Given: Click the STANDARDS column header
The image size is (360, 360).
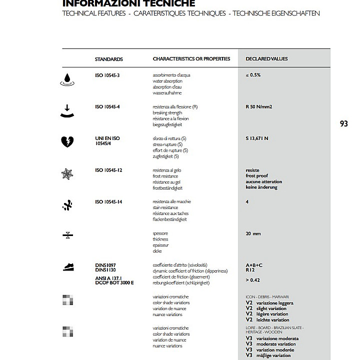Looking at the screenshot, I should pos(108,59).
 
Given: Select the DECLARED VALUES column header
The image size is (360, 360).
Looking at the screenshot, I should pos(266,59).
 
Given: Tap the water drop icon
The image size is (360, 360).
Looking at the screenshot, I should pos(66,79).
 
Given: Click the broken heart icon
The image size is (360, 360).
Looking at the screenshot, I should pos(66,142).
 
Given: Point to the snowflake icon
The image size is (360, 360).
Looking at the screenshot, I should pos(66,174).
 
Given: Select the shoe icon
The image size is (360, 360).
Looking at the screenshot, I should pos(69,267).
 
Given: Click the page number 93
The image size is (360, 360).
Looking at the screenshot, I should pos(343,124).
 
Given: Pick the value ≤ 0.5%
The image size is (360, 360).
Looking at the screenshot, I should pos(253,75).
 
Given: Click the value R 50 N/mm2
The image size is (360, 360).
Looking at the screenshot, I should pos(259,107).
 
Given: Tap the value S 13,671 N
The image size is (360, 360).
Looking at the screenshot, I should pos(257,138).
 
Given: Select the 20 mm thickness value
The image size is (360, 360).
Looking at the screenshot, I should pos(253,233).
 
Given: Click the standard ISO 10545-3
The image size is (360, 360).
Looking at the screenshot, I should pos(108,75).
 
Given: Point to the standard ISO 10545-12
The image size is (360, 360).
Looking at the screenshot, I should pos(109,170).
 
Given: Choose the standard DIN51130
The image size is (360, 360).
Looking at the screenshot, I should pos(105,270).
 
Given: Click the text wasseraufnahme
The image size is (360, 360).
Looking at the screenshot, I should pos(167,93).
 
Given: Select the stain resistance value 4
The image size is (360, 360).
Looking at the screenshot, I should pos(247,202).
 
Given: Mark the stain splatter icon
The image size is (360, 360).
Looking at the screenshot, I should pos(67,205).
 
